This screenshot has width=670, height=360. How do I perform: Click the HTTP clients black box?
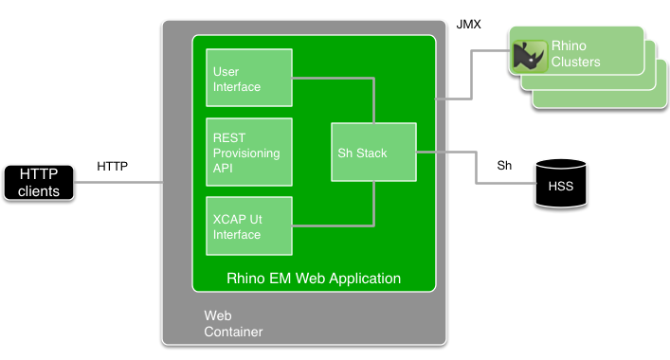pyautogui.click(x=39, y=183)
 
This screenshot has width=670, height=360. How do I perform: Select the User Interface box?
pyautogui.click(x=249, y=79)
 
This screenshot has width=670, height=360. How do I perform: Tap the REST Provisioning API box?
pyautogui.click(x=249, y=153)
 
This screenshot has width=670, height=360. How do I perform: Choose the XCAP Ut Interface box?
pyautogui.click(x=249, y=226)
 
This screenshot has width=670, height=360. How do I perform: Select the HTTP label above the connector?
pyautogui.click(x=113, y=166)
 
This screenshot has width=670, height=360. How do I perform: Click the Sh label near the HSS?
pyautogui.click(x=505, y=166)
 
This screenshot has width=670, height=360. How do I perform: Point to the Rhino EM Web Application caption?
pyautogui.click(x=314, y=279)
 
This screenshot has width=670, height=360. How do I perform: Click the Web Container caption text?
pyautogui.click(x=233, y=324)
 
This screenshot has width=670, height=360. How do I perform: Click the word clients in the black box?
pyautogui.click(x=39, y=191)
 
